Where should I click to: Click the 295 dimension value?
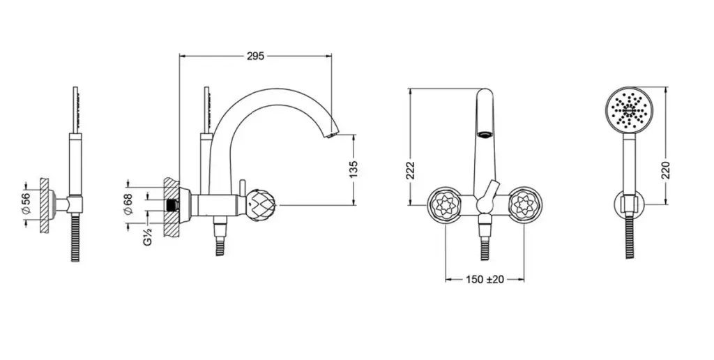(255, 56)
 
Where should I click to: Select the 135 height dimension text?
(354, 170)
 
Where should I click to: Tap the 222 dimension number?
(410, 170)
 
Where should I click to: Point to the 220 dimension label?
(666, 170)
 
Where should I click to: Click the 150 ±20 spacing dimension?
(485, 279)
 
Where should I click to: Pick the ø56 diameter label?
(26, 204)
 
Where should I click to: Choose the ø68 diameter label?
(128, 204)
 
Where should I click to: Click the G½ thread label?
(148, 236)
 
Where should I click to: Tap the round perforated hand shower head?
(630, 110)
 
